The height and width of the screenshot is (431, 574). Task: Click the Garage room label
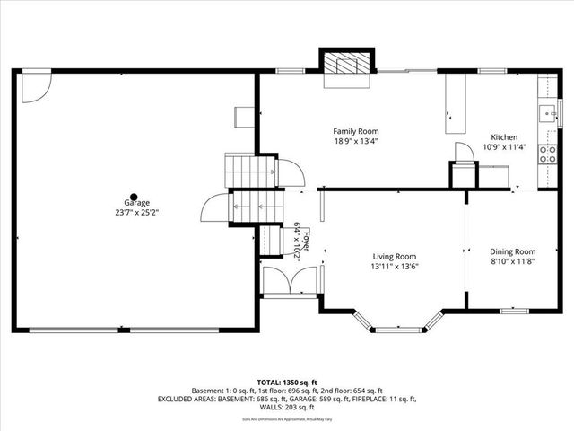click(x=133, y=204)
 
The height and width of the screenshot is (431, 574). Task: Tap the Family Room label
click(x=355, y=131)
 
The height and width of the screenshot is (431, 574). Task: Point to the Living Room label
click(x=395, y=256)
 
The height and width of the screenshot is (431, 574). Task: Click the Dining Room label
click(x=512, y=252)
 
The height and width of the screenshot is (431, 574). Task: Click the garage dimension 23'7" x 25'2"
click(x=133, y=213)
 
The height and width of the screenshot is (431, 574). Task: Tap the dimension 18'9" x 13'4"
click(x=355, y=141)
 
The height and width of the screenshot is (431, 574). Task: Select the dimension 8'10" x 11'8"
click(x=512, y=262)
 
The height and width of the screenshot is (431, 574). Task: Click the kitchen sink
click(x=545, y=113)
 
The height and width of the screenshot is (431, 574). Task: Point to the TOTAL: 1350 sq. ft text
click(x=287, y=382)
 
